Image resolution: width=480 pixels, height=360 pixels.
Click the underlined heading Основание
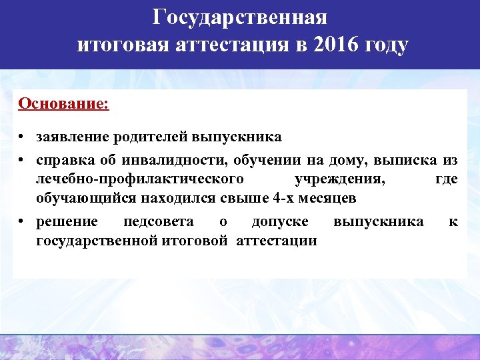(64, 104)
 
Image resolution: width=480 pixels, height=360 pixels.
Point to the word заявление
(72, 137)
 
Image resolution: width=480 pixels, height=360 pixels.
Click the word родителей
(149, 137)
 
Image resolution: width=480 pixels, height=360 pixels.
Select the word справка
(66, 160)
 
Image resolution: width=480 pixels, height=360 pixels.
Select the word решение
(67, 221)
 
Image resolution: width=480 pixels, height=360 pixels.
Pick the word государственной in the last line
(97, 240)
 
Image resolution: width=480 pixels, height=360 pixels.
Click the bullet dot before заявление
(22, 137)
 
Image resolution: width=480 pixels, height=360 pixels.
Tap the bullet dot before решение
(22, 222)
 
